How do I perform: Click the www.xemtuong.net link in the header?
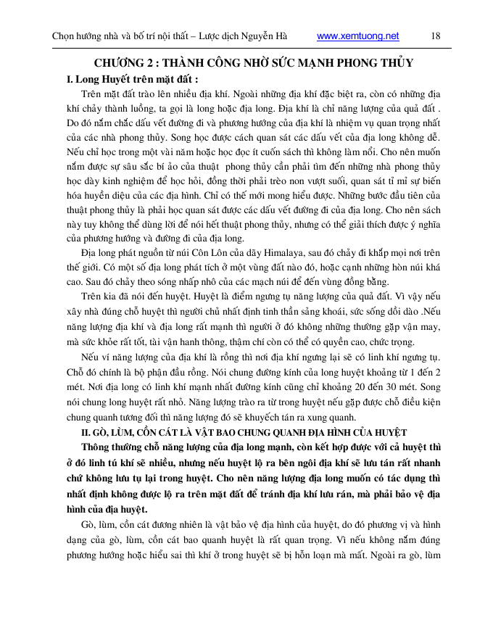358,36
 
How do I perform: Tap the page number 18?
435,36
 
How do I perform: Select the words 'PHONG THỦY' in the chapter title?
378,63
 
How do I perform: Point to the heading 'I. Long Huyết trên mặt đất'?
132,79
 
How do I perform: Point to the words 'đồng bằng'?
369,281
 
